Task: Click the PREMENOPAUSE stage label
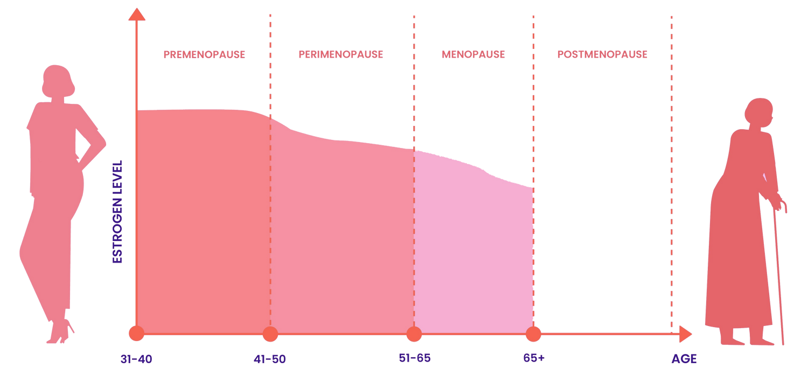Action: pyautogui.click(x=204, y=54)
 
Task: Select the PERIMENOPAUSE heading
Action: pyautogui.click(x=340, y=54)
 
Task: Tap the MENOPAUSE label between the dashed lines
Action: pyautogui.click(x=473, y=54)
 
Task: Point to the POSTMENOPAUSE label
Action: pyautogui.click(x=602, y=54)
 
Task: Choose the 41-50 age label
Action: pyautogui.click(x=269, y=359)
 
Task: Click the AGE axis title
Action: pyautogui.click(x=684, y=359)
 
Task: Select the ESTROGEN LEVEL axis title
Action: pyautogui.click(x=118, y=211)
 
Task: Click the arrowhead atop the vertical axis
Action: pyautogui.click(x=136, y=14)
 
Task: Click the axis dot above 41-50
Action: pyautogui.click(x=270, y=334)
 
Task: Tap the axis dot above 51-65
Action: pyautogui.click(x=414, y=334)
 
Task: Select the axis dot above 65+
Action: pyautogui.click(x=533, y=334)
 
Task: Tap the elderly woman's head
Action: pyautogui.click(x=758, y=113)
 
